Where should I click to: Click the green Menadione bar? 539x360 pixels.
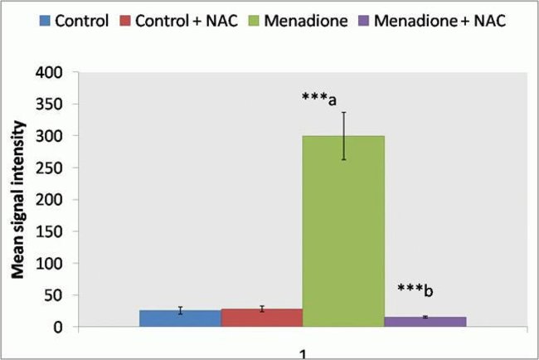point(342,232)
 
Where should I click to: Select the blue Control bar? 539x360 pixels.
point(180,319)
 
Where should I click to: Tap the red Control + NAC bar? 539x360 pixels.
point(261,318)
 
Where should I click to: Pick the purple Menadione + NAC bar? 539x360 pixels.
point(425,321)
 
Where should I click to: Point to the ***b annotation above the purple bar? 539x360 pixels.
point(415,290)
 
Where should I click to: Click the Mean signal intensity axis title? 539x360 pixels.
point(17,201)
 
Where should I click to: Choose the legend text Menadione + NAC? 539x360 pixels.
point(438,19)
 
